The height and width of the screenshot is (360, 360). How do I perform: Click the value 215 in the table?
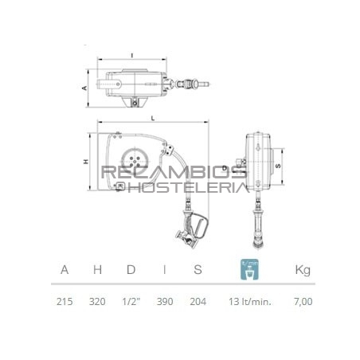[65, 301]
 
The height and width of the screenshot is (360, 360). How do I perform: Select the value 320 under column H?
[97, 301]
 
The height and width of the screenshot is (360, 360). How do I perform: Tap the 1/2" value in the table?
[131, 301]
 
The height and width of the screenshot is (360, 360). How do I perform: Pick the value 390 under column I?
[163, 301]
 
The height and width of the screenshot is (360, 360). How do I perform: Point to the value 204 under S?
[198, 301]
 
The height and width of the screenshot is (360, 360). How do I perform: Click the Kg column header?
[303, 270]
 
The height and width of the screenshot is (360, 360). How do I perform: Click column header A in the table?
[65, 270]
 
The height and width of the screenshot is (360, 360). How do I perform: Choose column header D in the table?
[131, 270]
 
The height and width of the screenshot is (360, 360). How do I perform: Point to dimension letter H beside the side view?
[84, 162]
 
